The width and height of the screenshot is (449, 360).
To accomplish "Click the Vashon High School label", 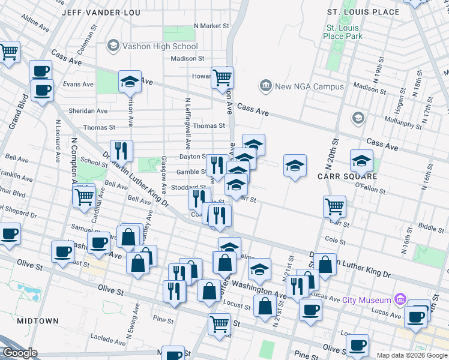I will click(x=160, y=46).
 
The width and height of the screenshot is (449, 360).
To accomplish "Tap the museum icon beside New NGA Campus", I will click(x=265, y=86).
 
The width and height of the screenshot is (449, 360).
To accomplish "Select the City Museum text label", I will click(x=367, y=300).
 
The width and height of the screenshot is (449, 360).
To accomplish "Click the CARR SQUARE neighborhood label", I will click(x=347, y=176).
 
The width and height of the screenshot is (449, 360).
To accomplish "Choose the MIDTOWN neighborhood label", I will click(x=38, y=321).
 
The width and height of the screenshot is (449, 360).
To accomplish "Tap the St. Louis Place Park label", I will click(x=342, y=32).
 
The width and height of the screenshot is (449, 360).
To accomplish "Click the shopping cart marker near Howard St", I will click(x=222, y=77).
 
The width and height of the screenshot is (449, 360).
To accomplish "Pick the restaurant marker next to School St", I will click(x=121, y=151).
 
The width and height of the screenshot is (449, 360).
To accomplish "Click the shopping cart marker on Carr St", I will click(x=334, y=207).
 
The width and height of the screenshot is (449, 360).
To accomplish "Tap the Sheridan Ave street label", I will click(x=88, y=111).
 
